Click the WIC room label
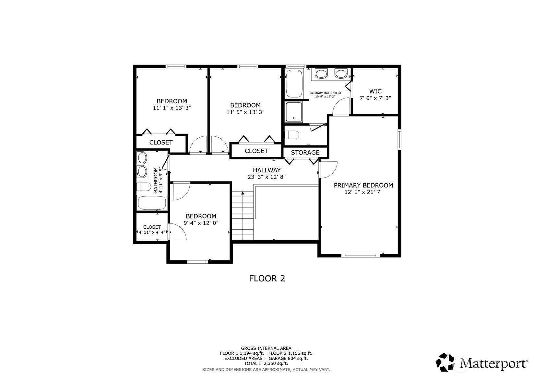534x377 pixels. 375,91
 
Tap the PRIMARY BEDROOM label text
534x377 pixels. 363,185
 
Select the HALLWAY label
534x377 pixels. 267,170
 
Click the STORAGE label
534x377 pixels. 305,153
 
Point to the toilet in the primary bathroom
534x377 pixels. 292,135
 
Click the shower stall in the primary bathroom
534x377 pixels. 294,112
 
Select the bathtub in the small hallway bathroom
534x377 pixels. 152,203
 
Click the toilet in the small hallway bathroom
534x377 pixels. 144,187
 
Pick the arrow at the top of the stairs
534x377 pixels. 243,193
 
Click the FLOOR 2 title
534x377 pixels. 267,279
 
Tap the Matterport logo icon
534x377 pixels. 445,362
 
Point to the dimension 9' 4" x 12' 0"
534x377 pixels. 201,223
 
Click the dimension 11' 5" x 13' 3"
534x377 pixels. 245,112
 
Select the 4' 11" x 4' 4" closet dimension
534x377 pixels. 152,232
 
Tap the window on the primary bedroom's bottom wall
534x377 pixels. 361,256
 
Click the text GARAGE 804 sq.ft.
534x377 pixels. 288,359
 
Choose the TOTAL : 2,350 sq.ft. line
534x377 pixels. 266,364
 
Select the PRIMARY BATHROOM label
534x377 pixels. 325,93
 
